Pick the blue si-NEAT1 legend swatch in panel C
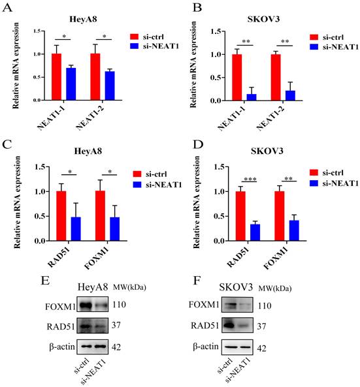pyautogui.click(x=135, y=185)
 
